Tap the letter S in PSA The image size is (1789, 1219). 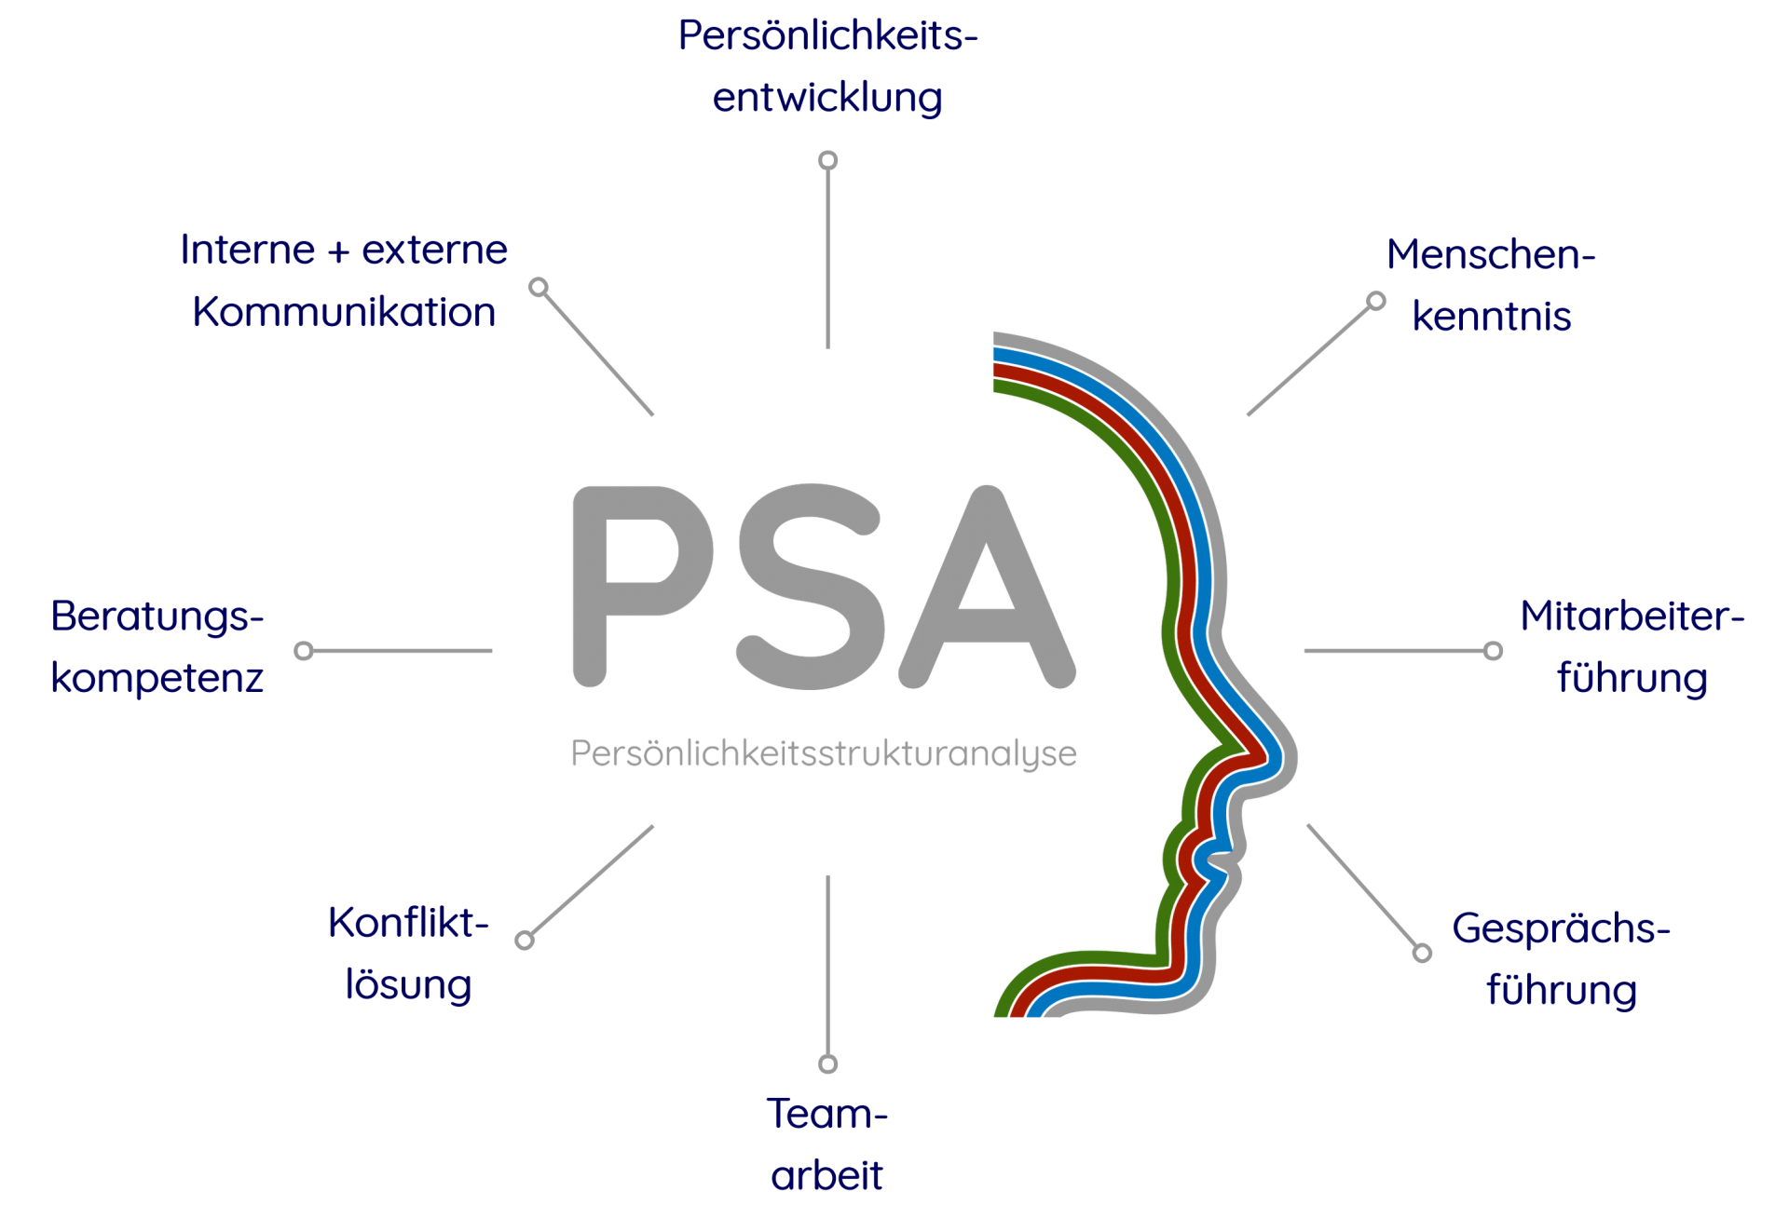(811, 587)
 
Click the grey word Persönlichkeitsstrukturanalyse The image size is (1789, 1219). (824, 753)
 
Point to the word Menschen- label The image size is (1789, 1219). (1491, 254)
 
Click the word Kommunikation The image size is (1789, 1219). (344, 312)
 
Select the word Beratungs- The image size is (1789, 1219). (157, 616)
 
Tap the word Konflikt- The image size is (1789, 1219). (408, 923)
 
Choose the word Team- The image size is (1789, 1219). (827, 1114)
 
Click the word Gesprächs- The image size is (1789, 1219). (1561, 929)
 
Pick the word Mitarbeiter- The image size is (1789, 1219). (1632, 616)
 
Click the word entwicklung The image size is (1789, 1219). (827, 98)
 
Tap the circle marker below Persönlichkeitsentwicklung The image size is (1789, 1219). (827, 160)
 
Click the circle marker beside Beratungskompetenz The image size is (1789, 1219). (304, 651)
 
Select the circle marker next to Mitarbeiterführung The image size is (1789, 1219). (1493, 651)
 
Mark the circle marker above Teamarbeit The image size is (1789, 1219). (827, 1063)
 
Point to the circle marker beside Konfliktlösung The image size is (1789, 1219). (525, 940)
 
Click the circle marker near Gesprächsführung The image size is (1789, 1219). (1422, 953)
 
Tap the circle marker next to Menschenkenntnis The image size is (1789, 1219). (1376, 301)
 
